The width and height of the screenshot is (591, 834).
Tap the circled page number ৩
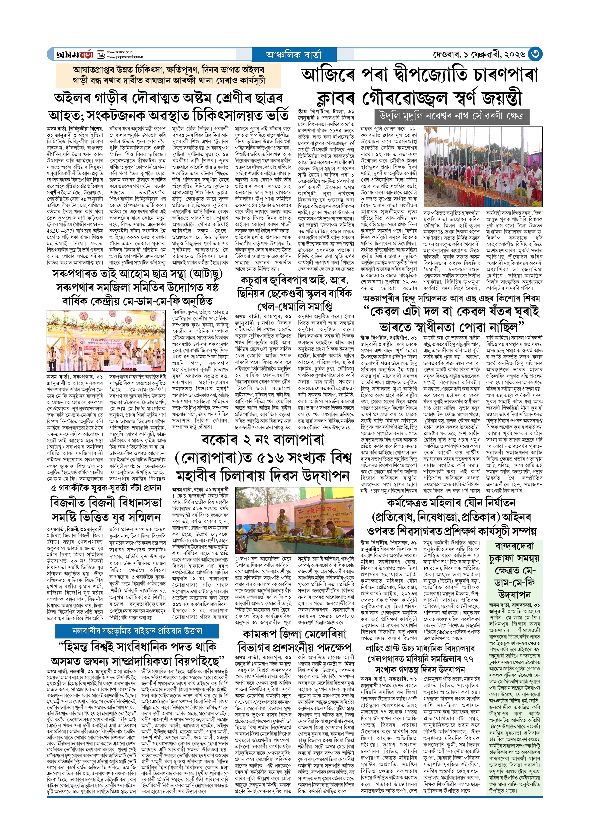[535, 54]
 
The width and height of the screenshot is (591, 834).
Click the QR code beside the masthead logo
[101, 54]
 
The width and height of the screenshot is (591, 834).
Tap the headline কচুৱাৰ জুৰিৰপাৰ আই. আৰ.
[294, 280]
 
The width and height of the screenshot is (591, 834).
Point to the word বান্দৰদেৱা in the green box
[514, 546]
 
